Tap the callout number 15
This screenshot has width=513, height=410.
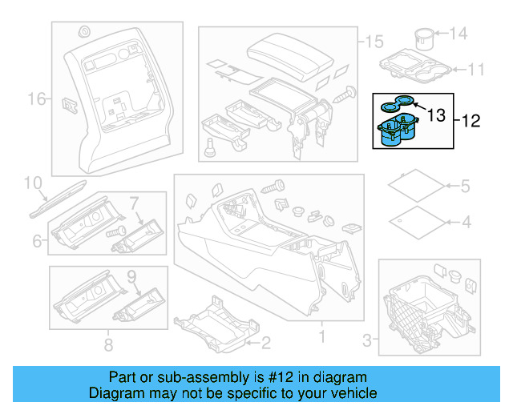point(375,41)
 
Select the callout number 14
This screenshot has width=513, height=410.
point(457,33)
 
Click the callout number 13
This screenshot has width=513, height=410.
point(436,116)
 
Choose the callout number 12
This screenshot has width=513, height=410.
point(471,122)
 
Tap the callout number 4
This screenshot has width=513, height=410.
point(464,221)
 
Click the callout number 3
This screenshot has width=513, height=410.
point(368,342)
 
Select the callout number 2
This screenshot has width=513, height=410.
point(265,344)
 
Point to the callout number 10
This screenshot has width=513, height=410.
point(32,183)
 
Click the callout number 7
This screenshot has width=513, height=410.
point(134,202)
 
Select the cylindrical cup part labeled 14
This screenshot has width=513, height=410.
point(424,38)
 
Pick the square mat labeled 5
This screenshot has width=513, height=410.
point(416,187)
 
